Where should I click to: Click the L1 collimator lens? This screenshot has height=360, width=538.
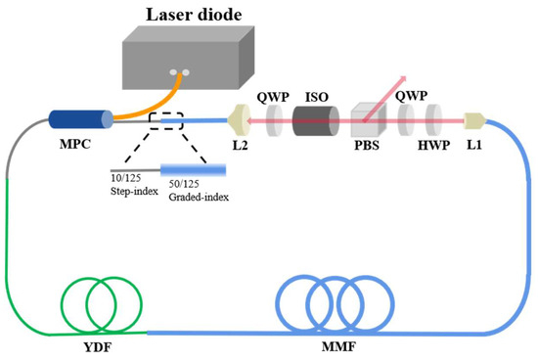[x=474, y=121]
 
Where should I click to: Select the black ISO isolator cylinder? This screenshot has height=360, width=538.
[x=313, y=121]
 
